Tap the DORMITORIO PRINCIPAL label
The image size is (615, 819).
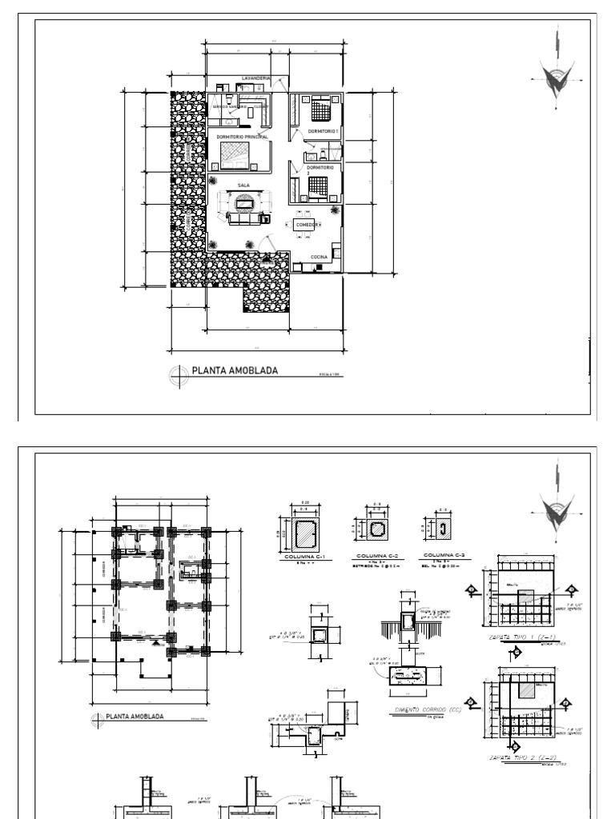(242, 137)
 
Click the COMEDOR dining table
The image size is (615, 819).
(305, 226)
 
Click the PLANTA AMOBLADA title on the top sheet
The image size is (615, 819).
(235, 370)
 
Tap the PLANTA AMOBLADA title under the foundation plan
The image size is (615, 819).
(135, 717)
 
